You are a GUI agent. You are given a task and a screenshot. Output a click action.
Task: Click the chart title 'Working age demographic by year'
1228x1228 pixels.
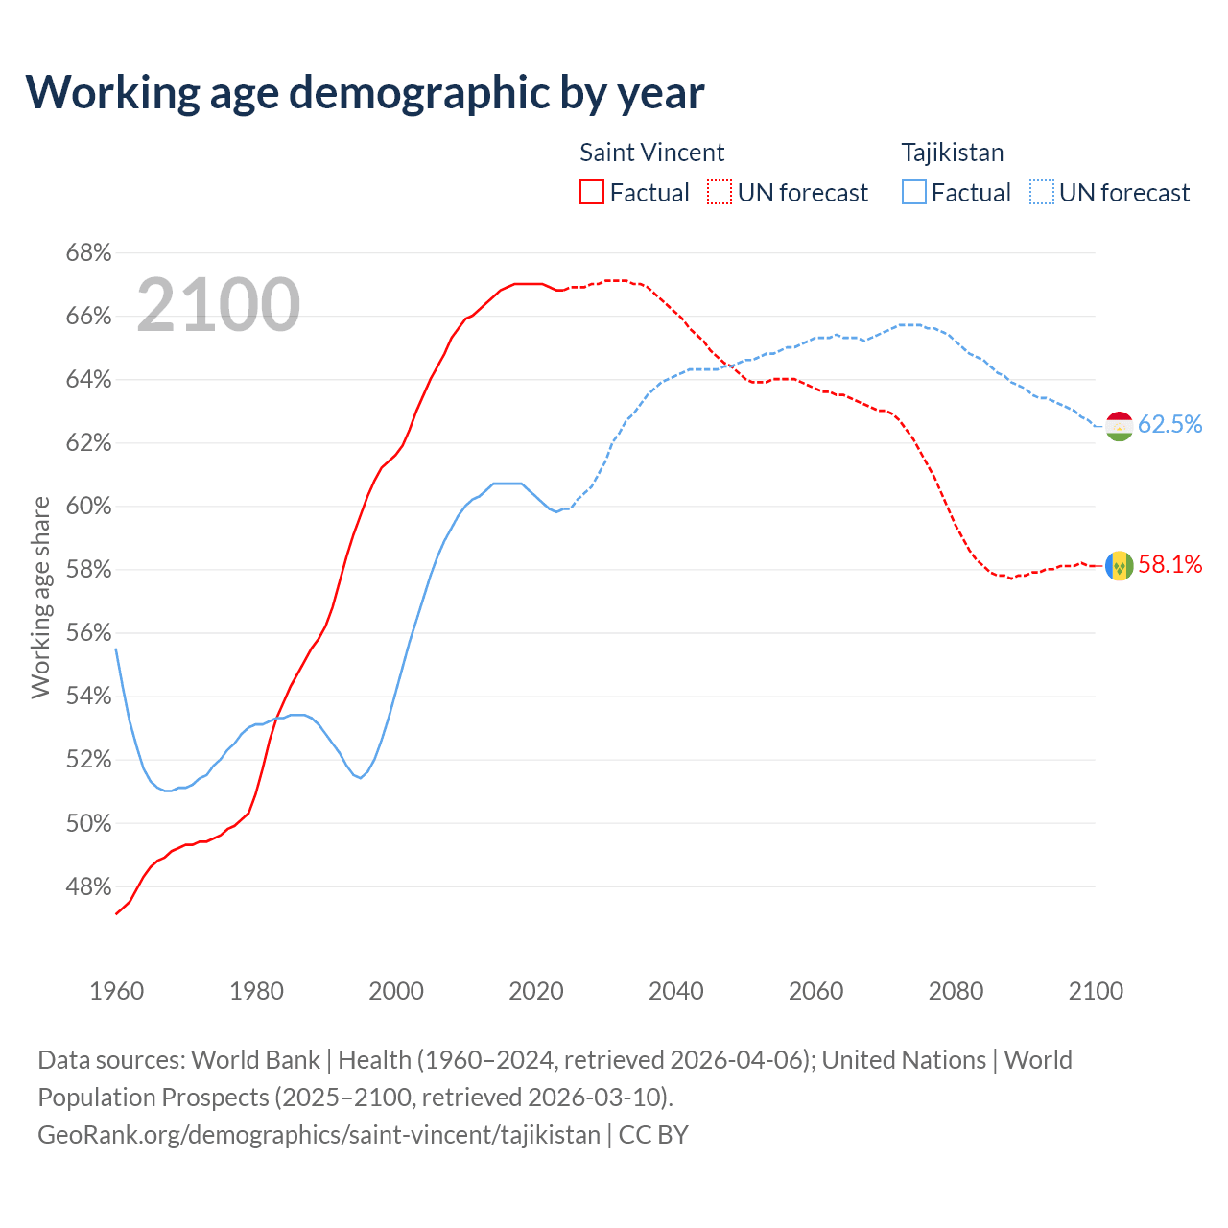click(x=365, y=92)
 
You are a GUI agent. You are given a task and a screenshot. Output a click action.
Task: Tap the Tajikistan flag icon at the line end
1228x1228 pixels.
click(x=1120, y=425)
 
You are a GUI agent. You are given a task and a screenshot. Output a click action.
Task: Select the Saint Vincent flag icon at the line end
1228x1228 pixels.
click(x=1120, y=566)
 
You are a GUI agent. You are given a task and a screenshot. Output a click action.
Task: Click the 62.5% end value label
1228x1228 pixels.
click(x=1169, y=424)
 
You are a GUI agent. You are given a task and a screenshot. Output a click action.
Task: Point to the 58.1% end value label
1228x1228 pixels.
click(x=1169, y=564)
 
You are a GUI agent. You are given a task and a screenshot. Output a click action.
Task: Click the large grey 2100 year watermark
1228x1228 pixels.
click(x=219, y=305)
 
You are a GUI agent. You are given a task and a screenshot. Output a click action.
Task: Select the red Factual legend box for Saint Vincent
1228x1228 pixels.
click(x=592, y=193)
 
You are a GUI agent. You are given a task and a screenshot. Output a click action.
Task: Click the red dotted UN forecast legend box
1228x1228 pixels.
click(x=720, y=193)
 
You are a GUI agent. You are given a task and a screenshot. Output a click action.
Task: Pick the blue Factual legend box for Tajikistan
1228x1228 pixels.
click(x=914, y=193)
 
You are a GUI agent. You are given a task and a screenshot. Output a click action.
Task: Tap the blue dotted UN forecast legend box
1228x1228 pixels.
click(x=1041, y=193)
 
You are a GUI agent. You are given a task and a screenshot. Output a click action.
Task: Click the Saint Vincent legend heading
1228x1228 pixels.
click(x=651, y=153)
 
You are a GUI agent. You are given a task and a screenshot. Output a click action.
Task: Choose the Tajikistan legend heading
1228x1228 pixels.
click(x=952, y=153)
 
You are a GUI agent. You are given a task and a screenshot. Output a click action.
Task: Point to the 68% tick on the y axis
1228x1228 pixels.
click(x=88, y=253)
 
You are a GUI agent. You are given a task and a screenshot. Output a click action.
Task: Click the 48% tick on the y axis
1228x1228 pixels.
click(x=88, y=887)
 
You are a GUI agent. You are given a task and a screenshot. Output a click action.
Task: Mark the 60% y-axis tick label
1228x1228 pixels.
click(x=88, y=507)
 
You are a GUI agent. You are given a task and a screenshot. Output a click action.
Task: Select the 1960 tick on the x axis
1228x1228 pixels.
click(x=117, y=991)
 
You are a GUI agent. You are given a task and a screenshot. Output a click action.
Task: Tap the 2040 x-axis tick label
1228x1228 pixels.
click(x=676, y=991)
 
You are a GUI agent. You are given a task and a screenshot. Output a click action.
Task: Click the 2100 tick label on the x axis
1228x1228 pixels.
click(x=1096, y=991)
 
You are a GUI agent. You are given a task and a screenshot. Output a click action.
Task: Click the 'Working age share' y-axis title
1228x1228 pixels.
click(x=40, y=597)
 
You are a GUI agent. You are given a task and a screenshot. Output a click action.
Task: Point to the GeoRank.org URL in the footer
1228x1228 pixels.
click(x=319, y=1135)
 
